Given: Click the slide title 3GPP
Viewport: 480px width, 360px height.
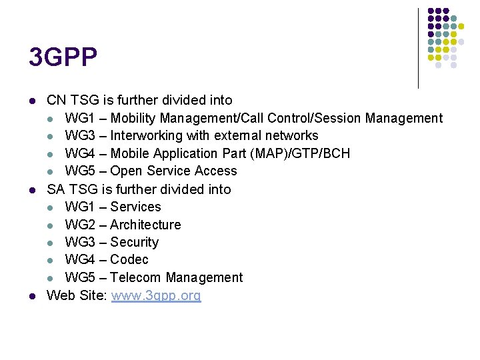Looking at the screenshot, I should click(63, 57).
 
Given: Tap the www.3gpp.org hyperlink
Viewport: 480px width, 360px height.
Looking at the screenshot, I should click(156, 295).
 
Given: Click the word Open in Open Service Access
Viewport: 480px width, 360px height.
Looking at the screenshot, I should click(127, 171).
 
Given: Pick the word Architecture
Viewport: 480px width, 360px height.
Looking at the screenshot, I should click(145, 225).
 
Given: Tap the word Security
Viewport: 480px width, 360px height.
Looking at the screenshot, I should click(135, 242).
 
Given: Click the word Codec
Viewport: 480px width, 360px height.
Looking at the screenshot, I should click(129, 259).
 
